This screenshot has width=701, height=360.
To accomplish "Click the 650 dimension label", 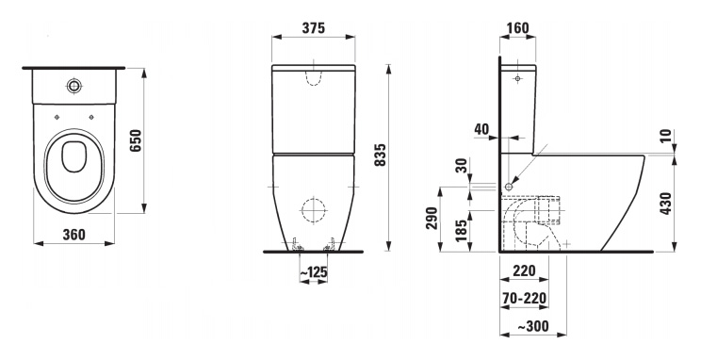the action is tap(136, 140).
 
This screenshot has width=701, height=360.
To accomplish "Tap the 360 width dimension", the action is tap(73, 234).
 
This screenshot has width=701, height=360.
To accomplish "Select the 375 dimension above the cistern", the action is tap(314, 27).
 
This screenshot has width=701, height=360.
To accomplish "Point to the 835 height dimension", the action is tap(379, 155).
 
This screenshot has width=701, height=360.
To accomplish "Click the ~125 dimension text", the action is tap(314, 272).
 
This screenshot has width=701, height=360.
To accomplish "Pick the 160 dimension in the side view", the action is tap(517, 27).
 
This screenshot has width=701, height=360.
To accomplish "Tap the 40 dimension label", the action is tap(482, 129).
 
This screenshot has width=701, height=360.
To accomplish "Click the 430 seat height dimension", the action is tap(666, 203).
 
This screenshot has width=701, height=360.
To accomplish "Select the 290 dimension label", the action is tap(432, 219).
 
